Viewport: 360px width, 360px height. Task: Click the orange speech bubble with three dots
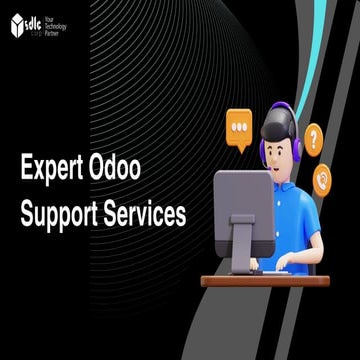click(x=239, y=129)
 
